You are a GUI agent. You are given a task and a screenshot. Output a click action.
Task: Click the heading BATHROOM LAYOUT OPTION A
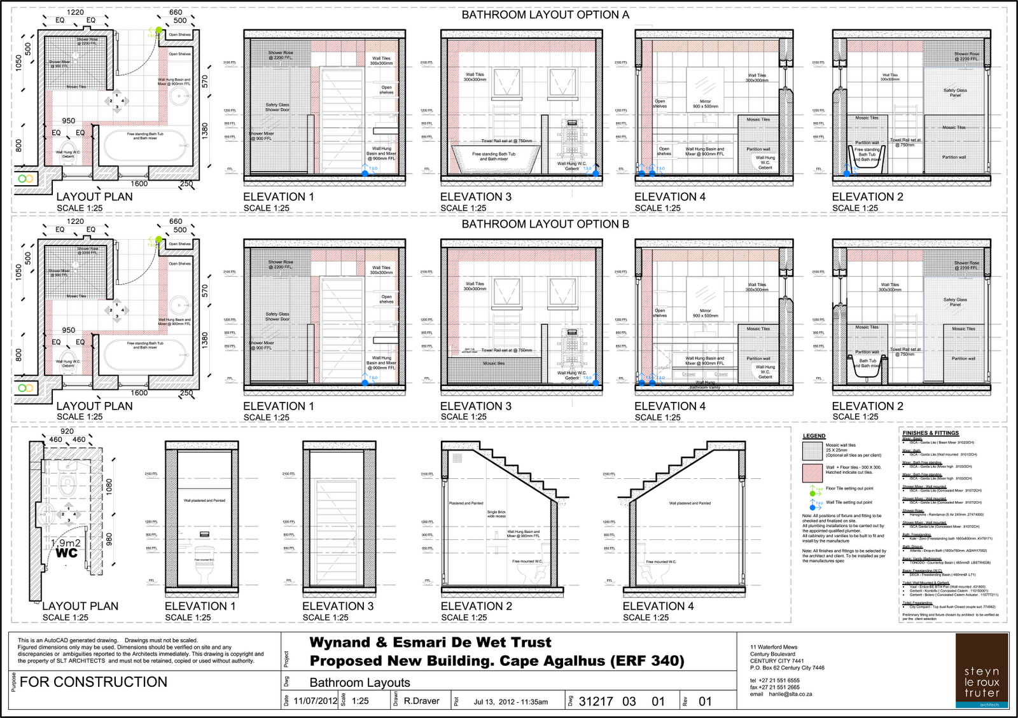point(545,15)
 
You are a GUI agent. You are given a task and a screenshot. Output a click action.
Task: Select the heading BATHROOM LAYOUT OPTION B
point(545,224)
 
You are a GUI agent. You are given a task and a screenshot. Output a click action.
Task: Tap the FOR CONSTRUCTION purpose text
point(94,682)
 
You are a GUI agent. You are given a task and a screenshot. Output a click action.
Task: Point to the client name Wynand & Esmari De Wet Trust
point(430,642)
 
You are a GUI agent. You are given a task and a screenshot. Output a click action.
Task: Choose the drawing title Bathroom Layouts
point(359,682)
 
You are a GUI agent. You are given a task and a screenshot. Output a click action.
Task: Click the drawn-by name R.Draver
point(421,701)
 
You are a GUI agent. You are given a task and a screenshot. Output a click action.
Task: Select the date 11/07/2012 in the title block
point(316,701)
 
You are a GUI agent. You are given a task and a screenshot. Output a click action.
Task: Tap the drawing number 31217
point(596,701)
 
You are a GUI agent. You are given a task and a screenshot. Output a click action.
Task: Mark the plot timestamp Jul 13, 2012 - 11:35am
point(510,702)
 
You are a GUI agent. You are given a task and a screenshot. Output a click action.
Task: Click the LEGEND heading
point(814,436)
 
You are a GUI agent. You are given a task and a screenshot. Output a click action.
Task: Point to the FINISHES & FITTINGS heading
point(930,433)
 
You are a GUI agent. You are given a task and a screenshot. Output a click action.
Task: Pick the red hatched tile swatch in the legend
point(812,473)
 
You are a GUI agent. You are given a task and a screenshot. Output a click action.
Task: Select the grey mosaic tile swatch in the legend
point(812,450)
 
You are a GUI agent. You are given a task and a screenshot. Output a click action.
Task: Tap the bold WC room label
point(66,553)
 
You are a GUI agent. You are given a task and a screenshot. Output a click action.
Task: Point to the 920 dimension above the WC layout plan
point(67,431)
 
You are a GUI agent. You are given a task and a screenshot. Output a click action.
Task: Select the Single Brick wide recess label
point(496,514)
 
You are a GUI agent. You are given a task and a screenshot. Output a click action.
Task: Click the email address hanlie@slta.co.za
point(783,694)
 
